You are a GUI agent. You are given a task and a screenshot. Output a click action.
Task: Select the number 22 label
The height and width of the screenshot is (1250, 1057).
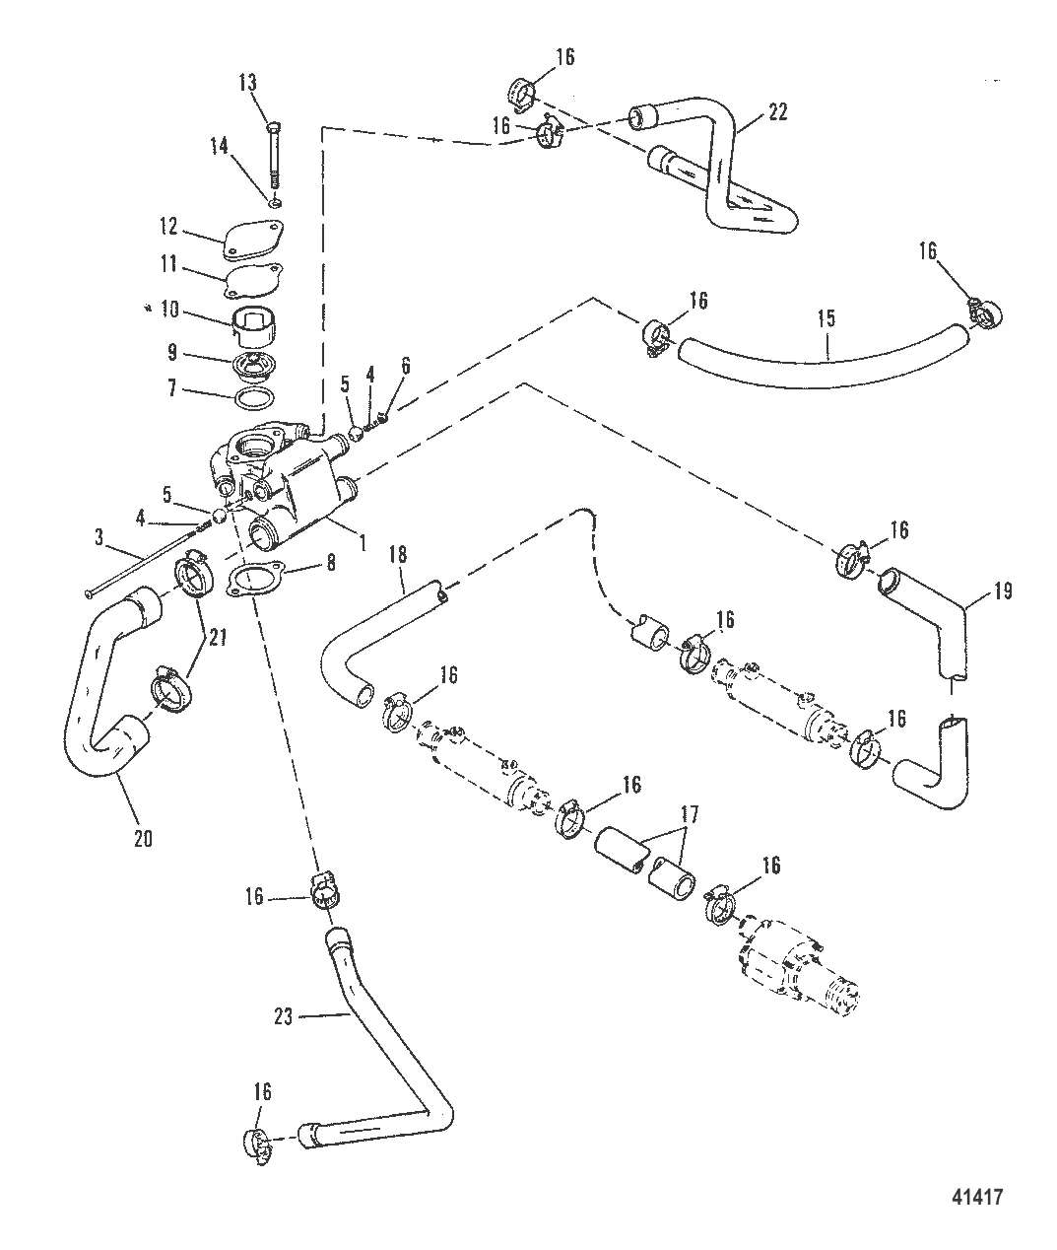[x=777, y=111]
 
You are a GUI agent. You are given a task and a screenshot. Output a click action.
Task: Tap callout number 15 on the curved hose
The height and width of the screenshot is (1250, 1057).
[x=826, y=318]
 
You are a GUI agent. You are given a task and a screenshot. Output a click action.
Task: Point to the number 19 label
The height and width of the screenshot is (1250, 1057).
[x=1001, y=591]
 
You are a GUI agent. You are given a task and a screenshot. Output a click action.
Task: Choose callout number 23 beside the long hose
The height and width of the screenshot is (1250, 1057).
[x=284, y=1016]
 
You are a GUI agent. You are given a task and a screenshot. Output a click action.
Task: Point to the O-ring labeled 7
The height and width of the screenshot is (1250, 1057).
[x=255, y=399]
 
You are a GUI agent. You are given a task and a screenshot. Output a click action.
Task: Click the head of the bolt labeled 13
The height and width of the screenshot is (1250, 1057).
[x=273, y=126]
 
